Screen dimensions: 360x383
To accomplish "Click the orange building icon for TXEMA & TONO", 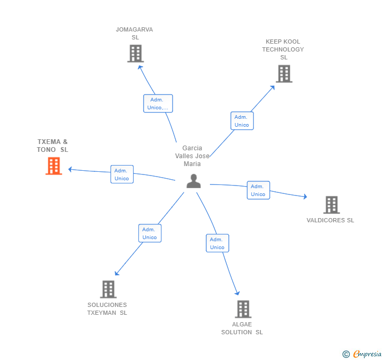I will click(x=54, y=166).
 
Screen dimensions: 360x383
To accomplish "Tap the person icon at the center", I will click(x=194, y=181).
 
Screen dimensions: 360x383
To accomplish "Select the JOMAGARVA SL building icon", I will click(x=135, y=54).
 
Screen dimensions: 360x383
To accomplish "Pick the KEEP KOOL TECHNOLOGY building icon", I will click(x=284, y=74).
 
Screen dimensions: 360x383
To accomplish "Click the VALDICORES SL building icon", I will click(x=331, y=205).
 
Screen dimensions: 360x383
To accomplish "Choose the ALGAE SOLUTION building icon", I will click(x=243, y=309).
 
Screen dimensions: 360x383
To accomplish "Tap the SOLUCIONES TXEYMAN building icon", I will click(x=108, y=289).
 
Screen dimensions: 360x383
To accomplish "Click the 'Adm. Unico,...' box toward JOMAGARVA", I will click(x=158, y=104).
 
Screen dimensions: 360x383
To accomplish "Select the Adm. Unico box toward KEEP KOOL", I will click(x=242, y=121).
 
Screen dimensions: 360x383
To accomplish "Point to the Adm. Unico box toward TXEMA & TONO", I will click(x=122, y=174).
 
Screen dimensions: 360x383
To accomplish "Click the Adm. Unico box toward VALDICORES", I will click(x=258, y=190).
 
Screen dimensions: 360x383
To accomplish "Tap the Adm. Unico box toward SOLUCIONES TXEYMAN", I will click(x=149, y=233).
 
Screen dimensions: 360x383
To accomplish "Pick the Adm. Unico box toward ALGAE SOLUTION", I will click(x=217, y=243).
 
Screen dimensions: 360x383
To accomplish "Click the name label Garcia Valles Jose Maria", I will click(x=193, y=156).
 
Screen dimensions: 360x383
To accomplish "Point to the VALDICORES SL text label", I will click(x=330, y=220).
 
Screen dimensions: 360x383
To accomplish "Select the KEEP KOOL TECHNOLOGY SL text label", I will click(x=283, y=49).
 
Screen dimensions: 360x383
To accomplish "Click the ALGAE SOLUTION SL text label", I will click(x=242, y=328).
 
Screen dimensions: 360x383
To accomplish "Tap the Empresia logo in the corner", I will click(x=362, y=354).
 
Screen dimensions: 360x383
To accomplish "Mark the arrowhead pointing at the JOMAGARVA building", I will click(x=139, y=67).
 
